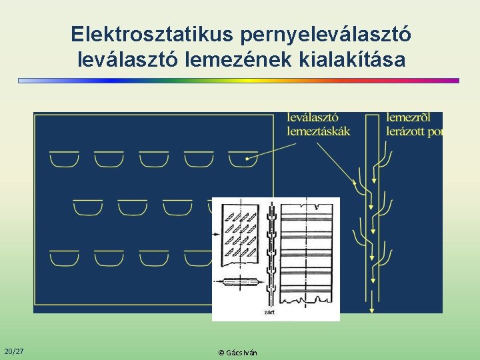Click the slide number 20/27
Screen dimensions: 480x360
coord(13,351)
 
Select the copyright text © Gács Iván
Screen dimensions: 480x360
coord(238,352)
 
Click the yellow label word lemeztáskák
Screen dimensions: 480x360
coord(318,131)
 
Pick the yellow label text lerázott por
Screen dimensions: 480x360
coord(414,131)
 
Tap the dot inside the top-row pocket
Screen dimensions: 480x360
coord(247,159)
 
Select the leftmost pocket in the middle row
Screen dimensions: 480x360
coord(87,208)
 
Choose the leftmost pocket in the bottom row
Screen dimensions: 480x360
coord(65,258)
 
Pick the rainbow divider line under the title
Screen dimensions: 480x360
coord(239,81)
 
